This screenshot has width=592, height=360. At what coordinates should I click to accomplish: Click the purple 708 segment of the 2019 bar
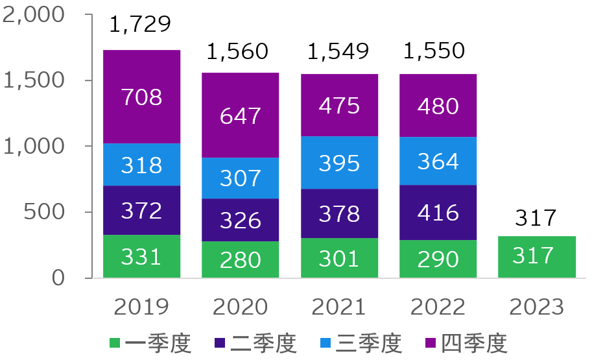click(x=141, y=97)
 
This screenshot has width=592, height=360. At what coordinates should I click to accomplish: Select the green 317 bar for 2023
click(x=536, y=257)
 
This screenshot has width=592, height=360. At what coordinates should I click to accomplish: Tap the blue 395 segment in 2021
click(x=339, y=162)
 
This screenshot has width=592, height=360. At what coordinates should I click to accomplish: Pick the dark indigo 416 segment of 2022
click(x=438, y=212)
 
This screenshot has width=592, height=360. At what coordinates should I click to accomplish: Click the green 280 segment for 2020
click(x=240, y=259)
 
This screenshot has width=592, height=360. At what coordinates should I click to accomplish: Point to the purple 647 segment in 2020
click(x=240, y=115)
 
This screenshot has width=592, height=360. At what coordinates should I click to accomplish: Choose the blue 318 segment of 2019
click(x=141, y=164)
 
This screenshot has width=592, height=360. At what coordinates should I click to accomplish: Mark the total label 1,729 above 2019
click(x=140, y=25)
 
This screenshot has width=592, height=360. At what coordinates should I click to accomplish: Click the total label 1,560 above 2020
click(x=237, y=51)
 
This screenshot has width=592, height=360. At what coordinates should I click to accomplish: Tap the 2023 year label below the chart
click(x=536, y=306)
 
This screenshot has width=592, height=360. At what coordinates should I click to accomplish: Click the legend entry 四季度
click(x=474, y=343)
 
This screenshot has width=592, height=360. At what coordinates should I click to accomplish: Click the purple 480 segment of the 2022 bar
click(x=438, y=105)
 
